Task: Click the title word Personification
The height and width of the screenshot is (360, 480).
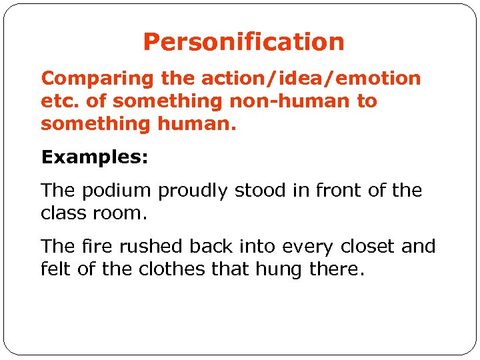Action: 243,43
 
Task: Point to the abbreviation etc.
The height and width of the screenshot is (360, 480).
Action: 57,101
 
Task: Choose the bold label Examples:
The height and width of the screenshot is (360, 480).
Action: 95,157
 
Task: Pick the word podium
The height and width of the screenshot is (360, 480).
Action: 117,191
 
